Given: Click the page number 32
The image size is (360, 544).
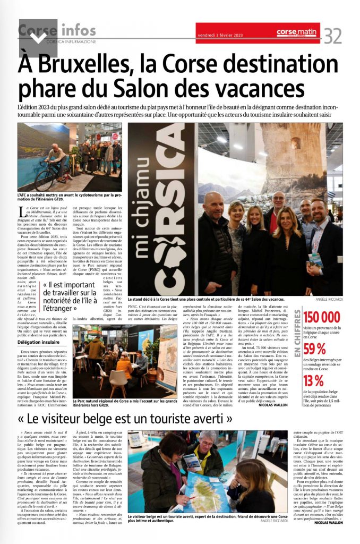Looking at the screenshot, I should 333,36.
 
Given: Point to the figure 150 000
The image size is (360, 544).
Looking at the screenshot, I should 322,317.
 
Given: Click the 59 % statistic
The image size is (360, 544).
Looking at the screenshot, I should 315,349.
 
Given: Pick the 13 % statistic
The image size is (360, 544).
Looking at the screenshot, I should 314,381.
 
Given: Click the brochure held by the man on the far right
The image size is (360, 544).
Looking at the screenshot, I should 316,259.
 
